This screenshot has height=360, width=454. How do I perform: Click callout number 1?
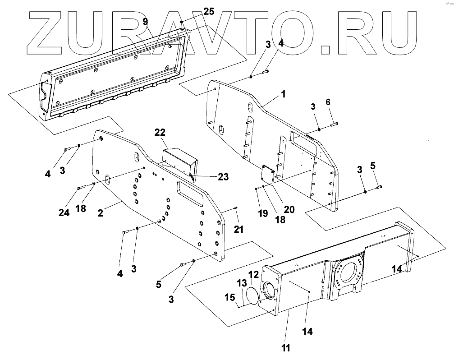tap(283, 95)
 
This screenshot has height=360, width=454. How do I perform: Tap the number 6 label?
tap(328, 102)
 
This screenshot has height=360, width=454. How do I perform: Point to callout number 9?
tap(145, 22)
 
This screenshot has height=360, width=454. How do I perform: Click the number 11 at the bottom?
tap(285, 348)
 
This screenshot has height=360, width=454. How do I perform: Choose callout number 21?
tap(238, 229)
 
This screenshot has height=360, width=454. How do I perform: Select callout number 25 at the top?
tap(208, 11)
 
